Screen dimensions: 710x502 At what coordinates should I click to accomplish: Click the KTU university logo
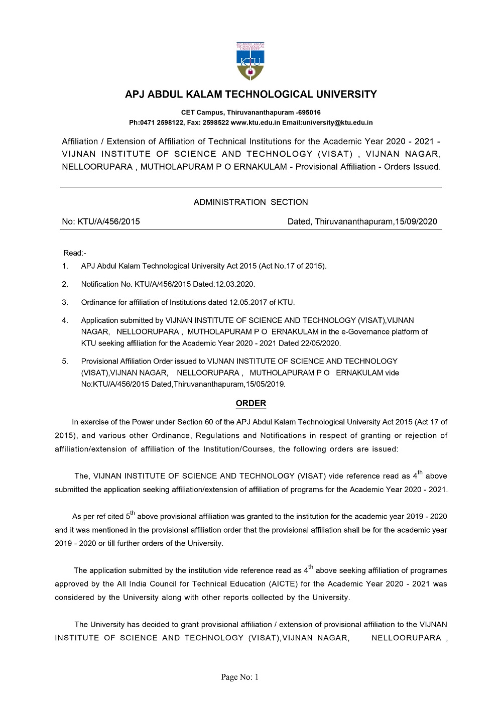point(250,61)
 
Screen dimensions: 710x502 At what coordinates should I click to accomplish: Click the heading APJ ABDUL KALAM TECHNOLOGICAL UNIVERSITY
point(250,94)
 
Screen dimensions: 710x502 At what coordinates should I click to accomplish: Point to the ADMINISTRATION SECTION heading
point(250,202)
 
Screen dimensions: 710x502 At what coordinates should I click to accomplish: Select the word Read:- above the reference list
point(75,253)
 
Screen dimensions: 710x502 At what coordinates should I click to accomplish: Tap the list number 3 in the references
point(65,302)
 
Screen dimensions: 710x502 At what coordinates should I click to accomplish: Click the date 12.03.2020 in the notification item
point(234,284)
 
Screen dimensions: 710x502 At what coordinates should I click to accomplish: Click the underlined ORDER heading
point(251,403)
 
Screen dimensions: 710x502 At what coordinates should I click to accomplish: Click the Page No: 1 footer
point(240,677)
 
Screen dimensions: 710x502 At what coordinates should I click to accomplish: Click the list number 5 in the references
point(65,362)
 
